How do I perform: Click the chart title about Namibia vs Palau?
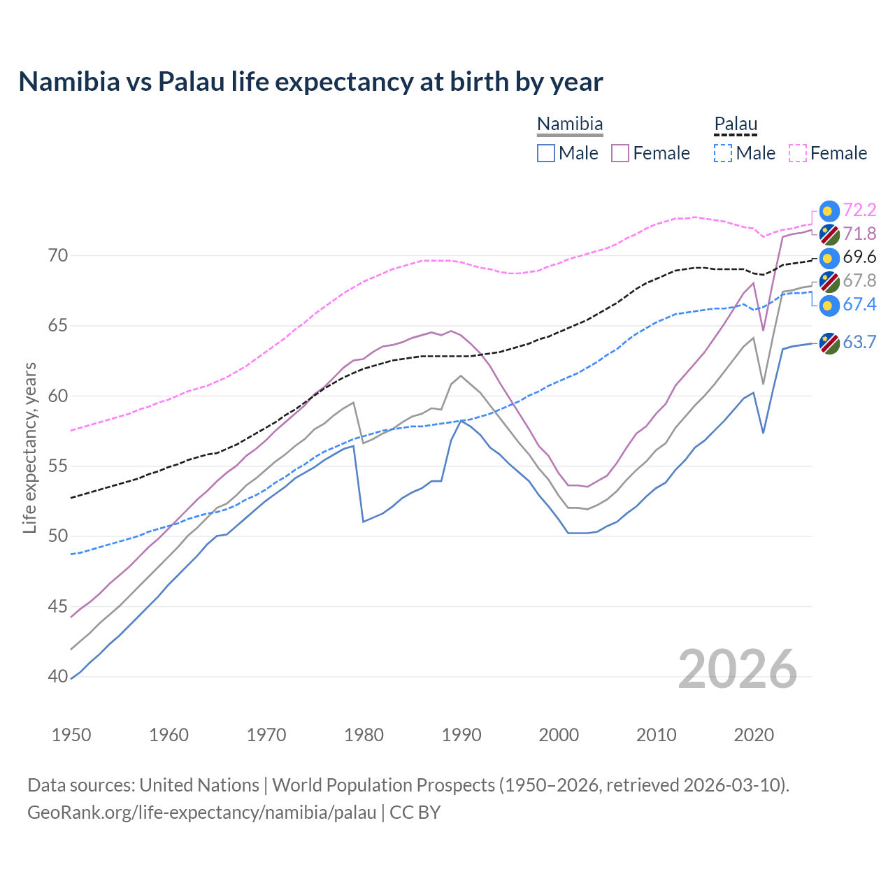point(310,82)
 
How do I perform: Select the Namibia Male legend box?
point(546,153)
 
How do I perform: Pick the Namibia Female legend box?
point(620,153)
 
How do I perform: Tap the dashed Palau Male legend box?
point(723,153)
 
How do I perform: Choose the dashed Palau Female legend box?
point(798,153)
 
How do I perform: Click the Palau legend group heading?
point(736,124)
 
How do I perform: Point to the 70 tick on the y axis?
point(58,256)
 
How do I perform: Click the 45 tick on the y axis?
point(58,606)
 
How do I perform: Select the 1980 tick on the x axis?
point(364,735)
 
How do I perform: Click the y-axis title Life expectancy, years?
point(29,447)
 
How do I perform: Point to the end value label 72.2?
point(859,210)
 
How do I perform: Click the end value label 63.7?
point(859,342)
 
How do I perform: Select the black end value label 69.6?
point(859,257)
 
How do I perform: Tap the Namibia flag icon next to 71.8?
point(829,234)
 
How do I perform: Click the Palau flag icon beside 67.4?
point(829,306)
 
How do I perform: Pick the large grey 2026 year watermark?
point(738,669)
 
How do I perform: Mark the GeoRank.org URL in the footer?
point(202,812)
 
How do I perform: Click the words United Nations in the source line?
point(199,785)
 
